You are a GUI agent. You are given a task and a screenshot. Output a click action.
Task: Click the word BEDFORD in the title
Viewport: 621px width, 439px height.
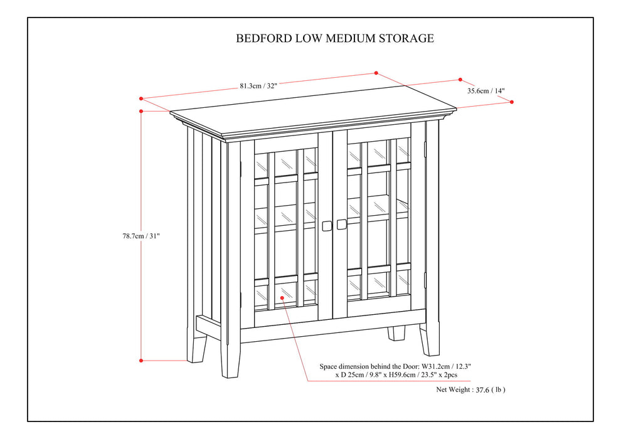[263, 38]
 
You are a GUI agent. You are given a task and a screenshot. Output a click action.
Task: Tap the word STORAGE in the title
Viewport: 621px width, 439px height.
[405, 38]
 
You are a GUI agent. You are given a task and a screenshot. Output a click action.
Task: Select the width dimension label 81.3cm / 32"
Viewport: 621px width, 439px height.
[258, 86]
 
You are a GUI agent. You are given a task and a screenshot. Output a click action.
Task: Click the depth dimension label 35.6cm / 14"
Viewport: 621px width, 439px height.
[486, 90]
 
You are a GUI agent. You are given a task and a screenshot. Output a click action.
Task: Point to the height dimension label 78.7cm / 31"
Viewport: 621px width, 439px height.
[141, 236]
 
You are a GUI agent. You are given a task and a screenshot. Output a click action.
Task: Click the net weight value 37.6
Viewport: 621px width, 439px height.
[482, 389]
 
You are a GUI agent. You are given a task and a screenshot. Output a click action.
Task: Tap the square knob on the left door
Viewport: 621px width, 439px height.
[326, 225]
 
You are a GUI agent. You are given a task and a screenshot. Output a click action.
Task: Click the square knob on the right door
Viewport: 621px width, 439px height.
[341, 224]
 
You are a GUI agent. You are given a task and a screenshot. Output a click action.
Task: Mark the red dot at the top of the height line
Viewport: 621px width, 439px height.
[141, 111]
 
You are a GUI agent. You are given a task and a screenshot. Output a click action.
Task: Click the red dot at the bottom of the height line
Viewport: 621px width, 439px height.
[141, 361]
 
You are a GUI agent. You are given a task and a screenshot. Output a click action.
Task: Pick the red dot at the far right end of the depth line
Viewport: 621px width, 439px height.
[512, 101]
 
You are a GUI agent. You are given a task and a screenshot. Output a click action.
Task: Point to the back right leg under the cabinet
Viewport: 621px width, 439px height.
[396, 334]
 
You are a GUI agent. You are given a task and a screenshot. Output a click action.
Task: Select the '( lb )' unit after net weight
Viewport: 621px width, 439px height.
[499, 389]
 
